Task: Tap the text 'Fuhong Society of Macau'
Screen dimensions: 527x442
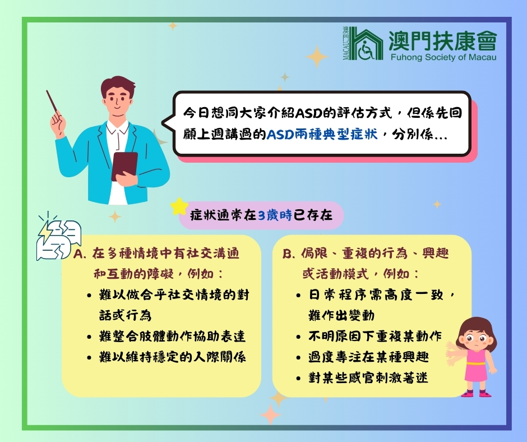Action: [443, 57]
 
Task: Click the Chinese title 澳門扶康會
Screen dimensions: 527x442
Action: [443, 40]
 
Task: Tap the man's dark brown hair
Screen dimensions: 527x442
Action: [118, 86]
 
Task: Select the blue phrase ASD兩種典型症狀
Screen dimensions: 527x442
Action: [322, 134]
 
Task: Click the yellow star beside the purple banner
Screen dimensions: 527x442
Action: [180, 206]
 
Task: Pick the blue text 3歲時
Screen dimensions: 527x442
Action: [275, 215]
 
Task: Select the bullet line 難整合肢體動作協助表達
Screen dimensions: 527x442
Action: [173, 337]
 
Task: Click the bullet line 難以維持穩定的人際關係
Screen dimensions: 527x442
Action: [173, 357]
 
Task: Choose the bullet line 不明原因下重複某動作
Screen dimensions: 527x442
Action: [375, 337]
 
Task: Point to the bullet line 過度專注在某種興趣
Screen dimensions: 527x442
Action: [369, 357]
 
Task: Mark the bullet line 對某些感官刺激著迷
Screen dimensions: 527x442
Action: [368, 377]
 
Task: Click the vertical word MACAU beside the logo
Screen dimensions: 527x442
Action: [346, 48]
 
